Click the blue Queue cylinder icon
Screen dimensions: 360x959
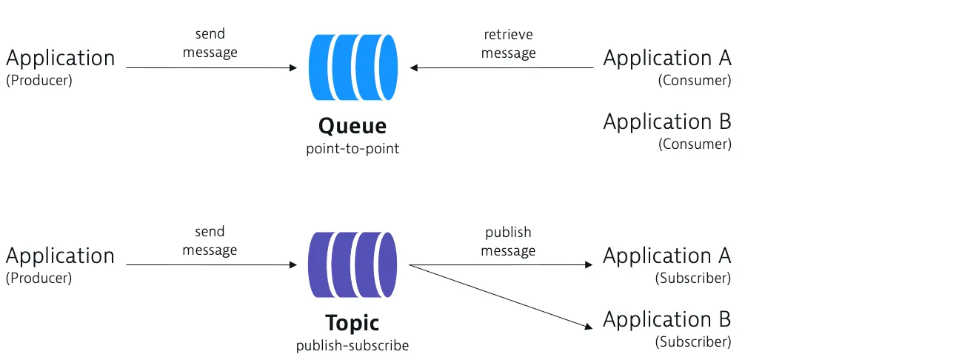click(352, 67)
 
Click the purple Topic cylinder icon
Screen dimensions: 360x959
click(352, 265)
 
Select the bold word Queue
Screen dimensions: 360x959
click(352, 125)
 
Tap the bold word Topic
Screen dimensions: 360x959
click(352, 323)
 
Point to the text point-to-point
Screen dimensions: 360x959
click(352, 149)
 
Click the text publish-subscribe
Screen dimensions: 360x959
click(352, 346)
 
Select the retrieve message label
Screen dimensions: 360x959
click(508, 44)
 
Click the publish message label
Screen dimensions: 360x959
click(508, 241)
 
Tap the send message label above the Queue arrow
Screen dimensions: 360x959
click(210, 44)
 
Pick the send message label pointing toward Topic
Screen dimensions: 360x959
click(210, 241)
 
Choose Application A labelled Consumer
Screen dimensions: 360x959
click(667, 58)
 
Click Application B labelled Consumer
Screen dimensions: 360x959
click(667, 121)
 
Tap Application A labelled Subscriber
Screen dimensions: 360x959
click(666, 256)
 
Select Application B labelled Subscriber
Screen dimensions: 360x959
click(666, 319)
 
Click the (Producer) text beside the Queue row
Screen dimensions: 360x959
click(39, 81)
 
